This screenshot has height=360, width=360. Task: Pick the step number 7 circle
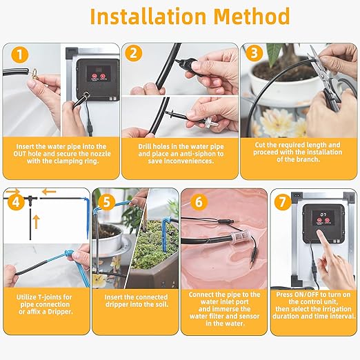coord(283,201)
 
